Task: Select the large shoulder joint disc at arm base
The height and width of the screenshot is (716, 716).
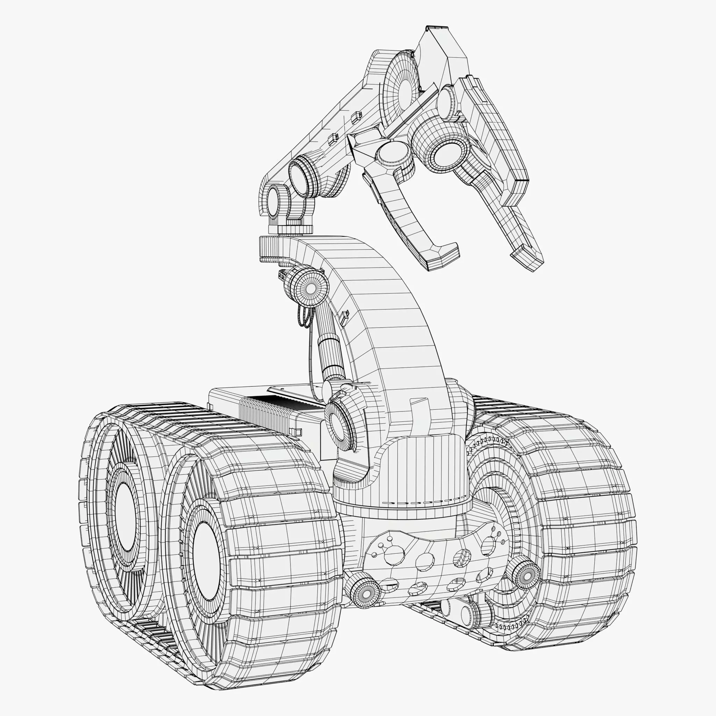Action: [x=339, y=422]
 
